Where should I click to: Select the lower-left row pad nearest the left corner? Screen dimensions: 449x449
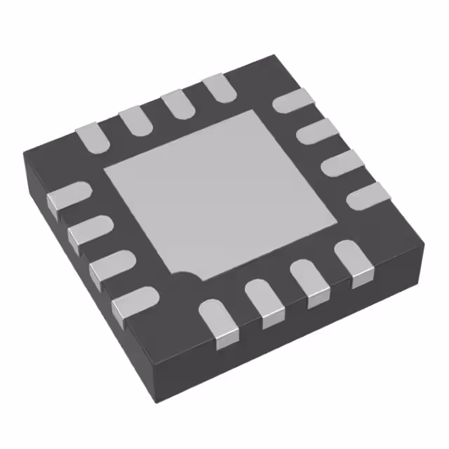coord(69,196)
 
